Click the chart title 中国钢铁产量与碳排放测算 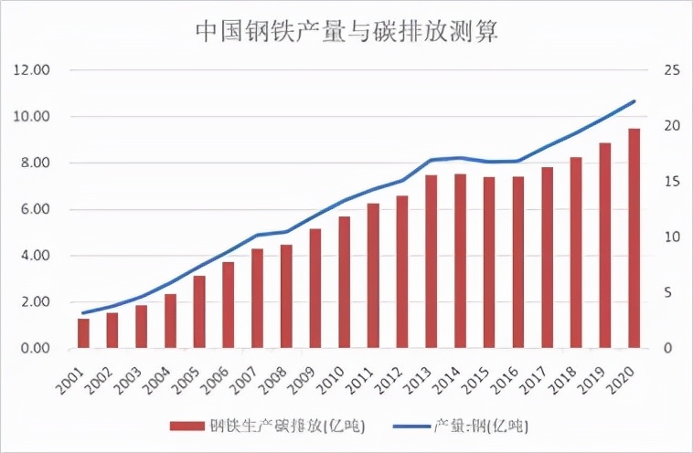(346, 31)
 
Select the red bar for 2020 (634, 238)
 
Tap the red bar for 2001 (83, 333)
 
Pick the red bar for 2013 (431, 261)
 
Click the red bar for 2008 (286, 297)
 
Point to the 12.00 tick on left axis (32, 70)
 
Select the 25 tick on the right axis (671, 70)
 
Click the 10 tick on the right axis (671, 237)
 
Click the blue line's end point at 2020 (634, 101)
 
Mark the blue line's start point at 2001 (83, 313)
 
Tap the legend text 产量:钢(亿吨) (480, 426)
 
